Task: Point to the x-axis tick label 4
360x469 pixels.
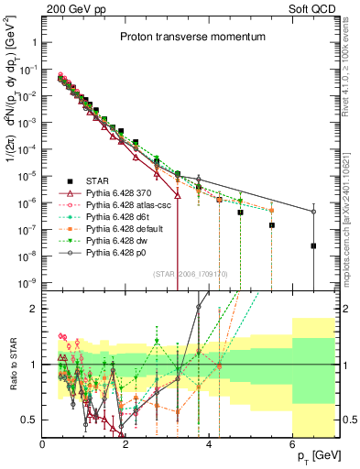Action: (210, 444)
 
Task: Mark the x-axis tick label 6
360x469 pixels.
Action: (293, 444)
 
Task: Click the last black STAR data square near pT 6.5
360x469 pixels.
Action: (313, 245)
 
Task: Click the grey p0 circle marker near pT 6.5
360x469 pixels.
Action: (313, 212)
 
